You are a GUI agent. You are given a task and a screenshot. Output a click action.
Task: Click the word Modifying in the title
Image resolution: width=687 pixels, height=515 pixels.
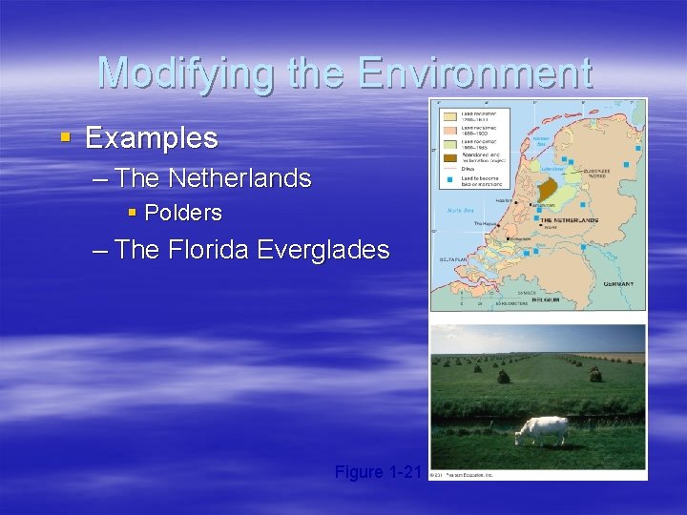(177, 73)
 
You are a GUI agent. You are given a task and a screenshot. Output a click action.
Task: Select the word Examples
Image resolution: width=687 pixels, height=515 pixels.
(152, 138)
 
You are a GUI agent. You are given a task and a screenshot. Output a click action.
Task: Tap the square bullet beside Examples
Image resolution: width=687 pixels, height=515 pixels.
(65, 139)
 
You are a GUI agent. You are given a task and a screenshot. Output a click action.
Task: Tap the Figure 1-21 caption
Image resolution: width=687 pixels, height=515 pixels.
(378, 471)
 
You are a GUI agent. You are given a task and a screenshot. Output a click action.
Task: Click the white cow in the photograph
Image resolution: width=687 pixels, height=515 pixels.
(541, 430)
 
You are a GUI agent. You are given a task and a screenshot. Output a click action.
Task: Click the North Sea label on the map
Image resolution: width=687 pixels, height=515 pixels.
(462, 211)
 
